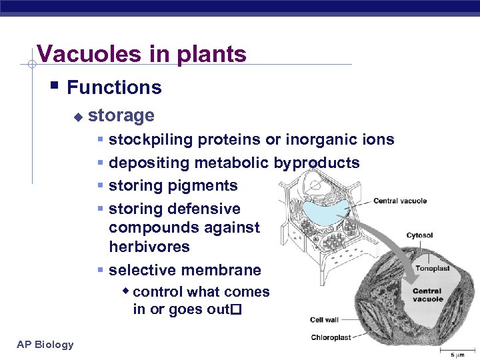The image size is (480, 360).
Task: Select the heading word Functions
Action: click(114, 87)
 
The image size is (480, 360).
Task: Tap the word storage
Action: click(121, 115)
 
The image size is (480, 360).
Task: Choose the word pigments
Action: click(206, 185)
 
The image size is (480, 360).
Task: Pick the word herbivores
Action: click(149, 247)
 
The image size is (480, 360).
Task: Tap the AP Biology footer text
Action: click(45, 344)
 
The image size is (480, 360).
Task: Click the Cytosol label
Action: click(419, 235)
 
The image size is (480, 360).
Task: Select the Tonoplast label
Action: click(432, 269)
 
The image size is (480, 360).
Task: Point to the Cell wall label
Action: click(325, 321)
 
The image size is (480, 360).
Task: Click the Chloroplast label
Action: click(331, 337)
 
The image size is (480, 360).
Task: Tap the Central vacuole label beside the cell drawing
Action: click(400, 201)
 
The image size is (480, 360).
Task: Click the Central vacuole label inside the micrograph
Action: click(427, 295)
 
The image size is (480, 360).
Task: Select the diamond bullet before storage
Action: click(77, 117)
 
